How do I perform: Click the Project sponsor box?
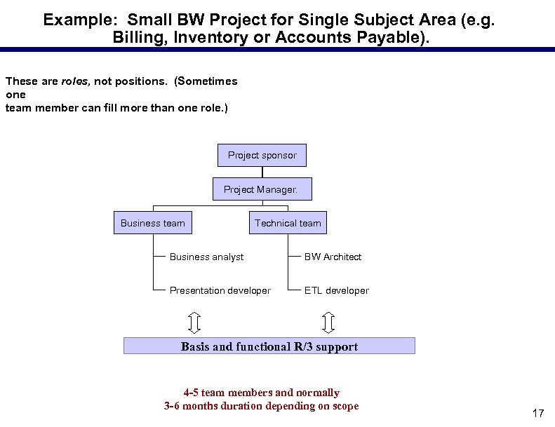tap(262, 155)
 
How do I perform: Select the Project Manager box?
tap(262, 189)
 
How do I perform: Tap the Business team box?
tap(153, 223)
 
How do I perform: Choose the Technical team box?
tap(288, 223)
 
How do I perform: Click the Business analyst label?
tap(206, 257)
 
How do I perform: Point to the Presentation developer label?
tap(220, 290)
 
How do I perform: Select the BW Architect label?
tap(333, 257)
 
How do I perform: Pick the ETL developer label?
tap(336, 290)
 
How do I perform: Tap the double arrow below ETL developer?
tap(328, 322)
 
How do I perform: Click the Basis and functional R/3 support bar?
tap(269, 346)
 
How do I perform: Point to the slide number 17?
tap(537, 414)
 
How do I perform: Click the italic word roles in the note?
tap(74, 81)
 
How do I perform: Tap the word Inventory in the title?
tap(209, 38)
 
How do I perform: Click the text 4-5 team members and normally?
tap(261, 393)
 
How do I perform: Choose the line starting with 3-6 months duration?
tap(261, 406)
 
